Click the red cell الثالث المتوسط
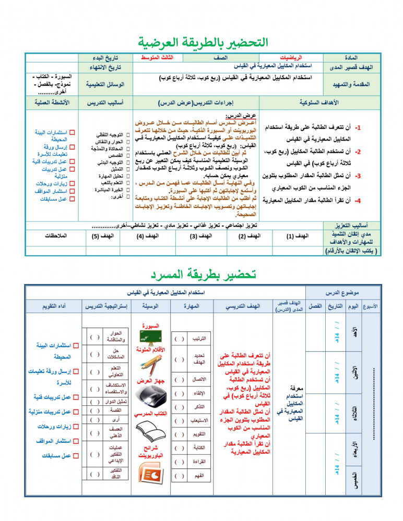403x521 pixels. (157, 57)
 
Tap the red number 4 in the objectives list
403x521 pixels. (358, 201)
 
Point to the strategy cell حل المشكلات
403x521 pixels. (115, 354)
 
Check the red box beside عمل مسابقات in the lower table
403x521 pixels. (76, 456)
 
